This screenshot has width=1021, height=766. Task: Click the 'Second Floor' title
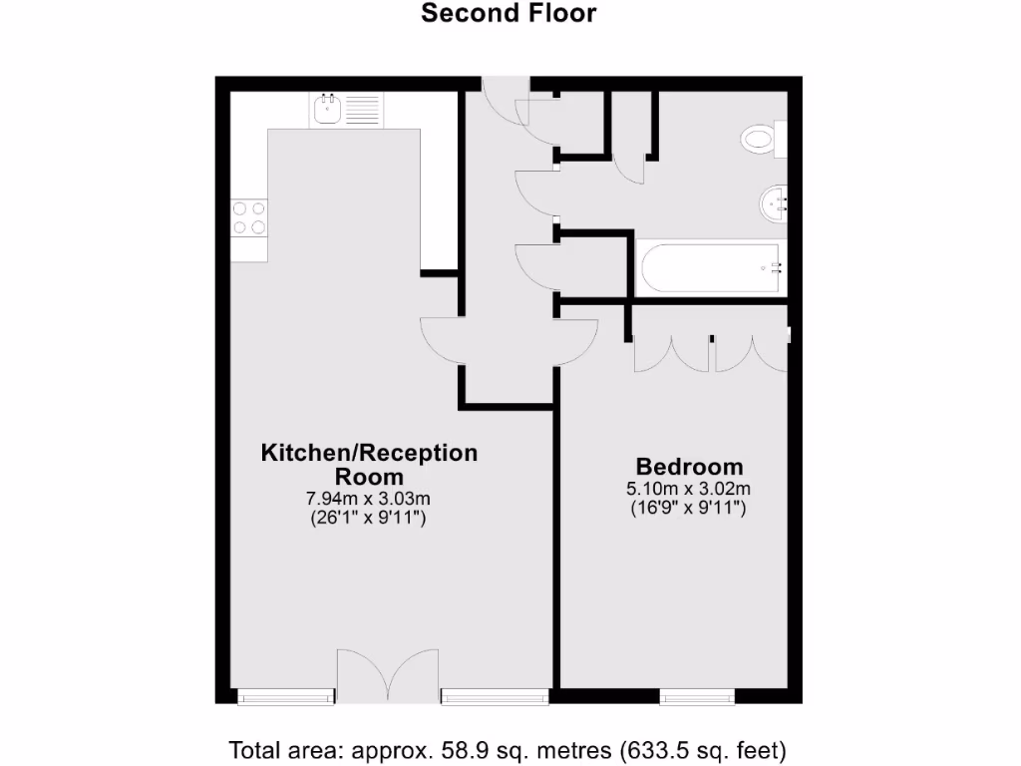tap(509, 13)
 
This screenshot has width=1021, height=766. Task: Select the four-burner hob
tap(249, 217)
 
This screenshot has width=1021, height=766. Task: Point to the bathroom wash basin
tap(773, 204)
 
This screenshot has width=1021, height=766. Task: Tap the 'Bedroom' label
tap(689, 467)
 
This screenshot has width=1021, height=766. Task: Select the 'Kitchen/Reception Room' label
tap(369, 464)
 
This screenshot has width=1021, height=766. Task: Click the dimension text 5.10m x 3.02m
tap(689, 489)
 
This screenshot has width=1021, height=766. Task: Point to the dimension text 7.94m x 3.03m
tap(369, 499)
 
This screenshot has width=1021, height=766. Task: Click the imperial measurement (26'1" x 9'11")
tap(369, 518)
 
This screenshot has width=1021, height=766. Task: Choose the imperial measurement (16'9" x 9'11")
tap(689, 508)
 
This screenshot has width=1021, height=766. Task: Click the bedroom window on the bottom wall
tap(698, 696)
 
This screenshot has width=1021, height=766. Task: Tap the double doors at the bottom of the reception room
tap(388, 676)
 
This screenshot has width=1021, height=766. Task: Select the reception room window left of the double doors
tap(286, 696)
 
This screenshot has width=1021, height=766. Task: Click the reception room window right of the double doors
tap(495, 696)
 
